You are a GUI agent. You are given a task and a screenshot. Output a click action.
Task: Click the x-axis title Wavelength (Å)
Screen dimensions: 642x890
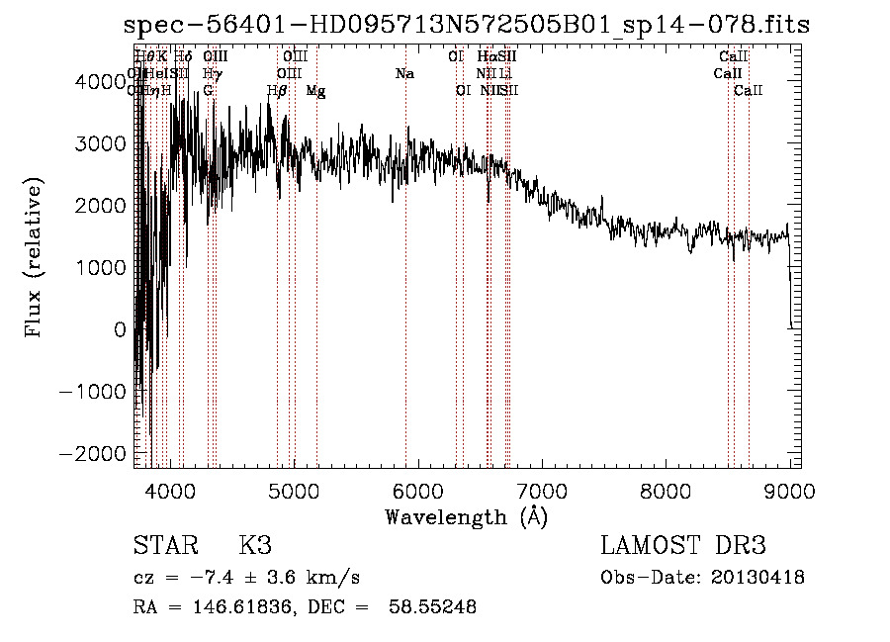tap(466, 516)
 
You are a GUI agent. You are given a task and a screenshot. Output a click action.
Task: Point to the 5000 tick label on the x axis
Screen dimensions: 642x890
tap(293, 491)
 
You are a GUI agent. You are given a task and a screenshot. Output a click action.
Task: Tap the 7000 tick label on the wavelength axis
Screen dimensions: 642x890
tap(541, 491)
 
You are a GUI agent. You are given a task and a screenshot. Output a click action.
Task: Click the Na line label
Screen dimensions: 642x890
tap(403, 74)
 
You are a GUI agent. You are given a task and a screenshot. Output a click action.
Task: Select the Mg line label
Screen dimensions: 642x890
tap(316, 91)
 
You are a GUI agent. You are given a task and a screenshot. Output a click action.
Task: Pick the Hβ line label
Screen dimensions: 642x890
tap(277, 91)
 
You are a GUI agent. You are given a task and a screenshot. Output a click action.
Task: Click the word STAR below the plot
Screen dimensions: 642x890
tap(163, 546)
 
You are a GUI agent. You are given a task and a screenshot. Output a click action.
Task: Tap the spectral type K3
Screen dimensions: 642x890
tap(255, 546)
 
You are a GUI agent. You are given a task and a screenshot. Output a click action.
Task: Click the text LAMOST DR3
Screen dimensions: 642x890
tap(683, 546)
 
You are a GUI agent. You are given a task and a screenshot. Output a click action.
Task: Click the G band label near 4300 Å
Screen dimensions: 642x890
tap(208, 91)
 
